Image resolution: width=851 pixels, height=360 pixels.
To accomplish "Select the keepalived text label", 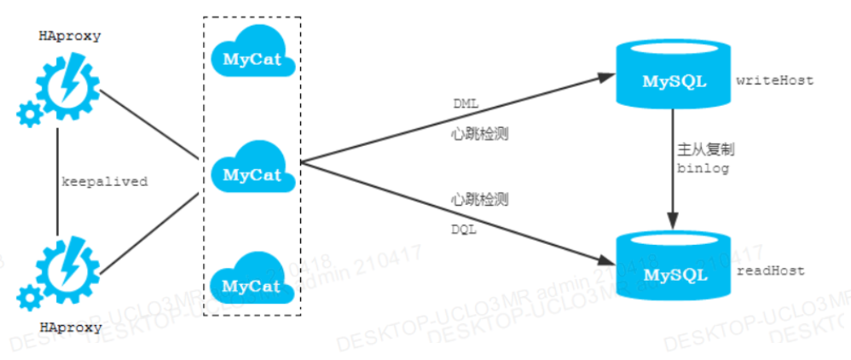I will (105, 182).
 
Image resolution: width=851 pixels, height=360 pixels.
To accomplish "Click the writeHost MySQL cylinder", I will (674, 78).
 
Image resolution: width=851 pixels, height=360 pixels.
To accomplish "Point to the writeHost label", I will (774, 81).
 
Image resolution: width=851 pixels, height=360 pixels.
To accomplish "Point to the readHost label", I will (771, 271).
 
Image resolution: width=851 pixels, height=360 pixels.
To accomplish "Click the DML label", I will (466, 103).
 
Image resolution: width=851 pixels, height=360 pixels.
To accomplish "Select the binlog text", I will (703, 168).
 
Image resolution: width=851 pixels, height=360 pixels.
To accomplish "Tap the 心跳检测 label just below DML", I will (479, 134).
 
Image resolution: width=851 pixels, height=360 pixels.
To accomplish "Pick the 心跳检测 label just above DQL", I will (479, 200).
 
